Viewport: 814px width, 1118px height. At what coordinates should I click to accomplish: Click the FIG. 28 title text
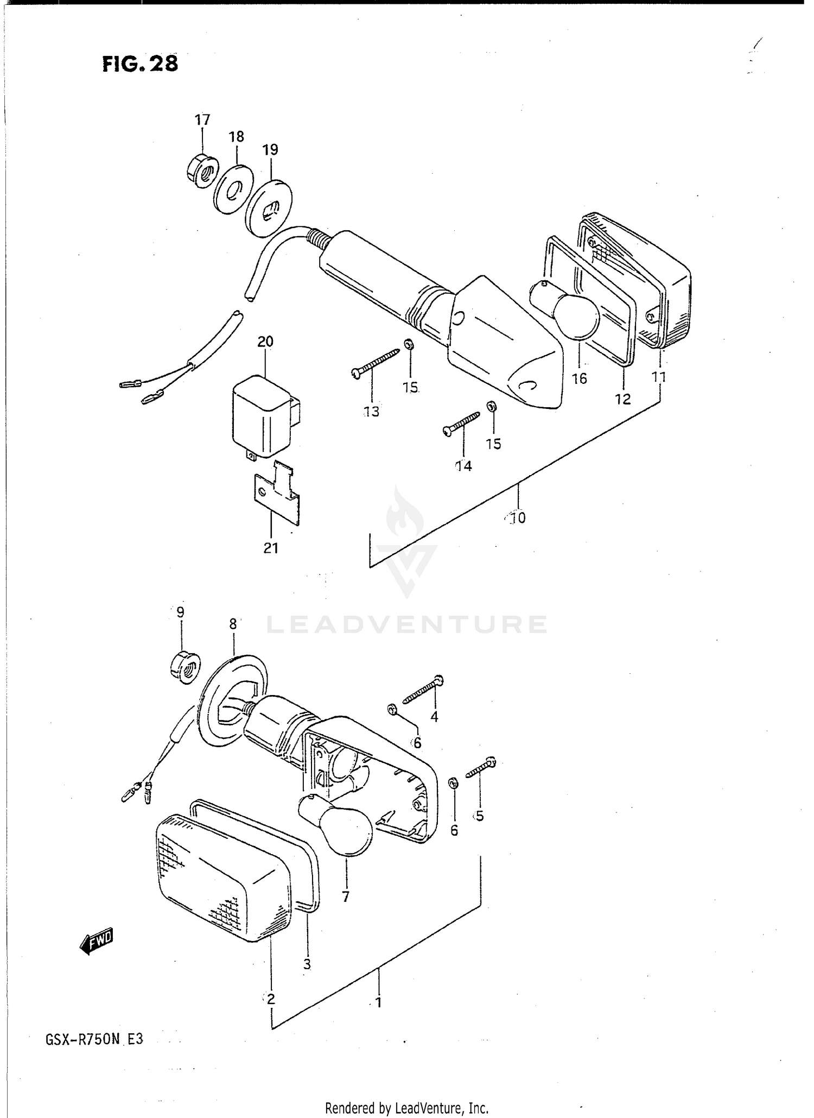click(x=140, y=64)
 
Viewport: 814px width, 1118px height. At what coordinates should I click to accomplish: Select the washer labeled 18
click(x=232, y=190)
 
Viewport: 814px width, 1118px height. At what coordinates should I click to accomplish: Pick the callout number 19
click(x=270, y=149)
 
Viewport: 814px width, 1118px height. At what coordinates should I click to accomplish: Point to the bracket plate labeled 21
click(x=277, y=495)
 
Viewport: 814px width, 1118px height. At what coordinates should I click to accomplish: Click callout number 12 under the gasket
click(x=622, y=399)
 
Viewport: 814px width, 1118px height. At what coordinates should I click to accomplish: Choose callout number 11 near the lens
click(x=659, y=377)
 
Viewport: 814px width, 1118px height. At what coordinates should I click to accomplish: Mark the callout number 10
click(x=518, y=518)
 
